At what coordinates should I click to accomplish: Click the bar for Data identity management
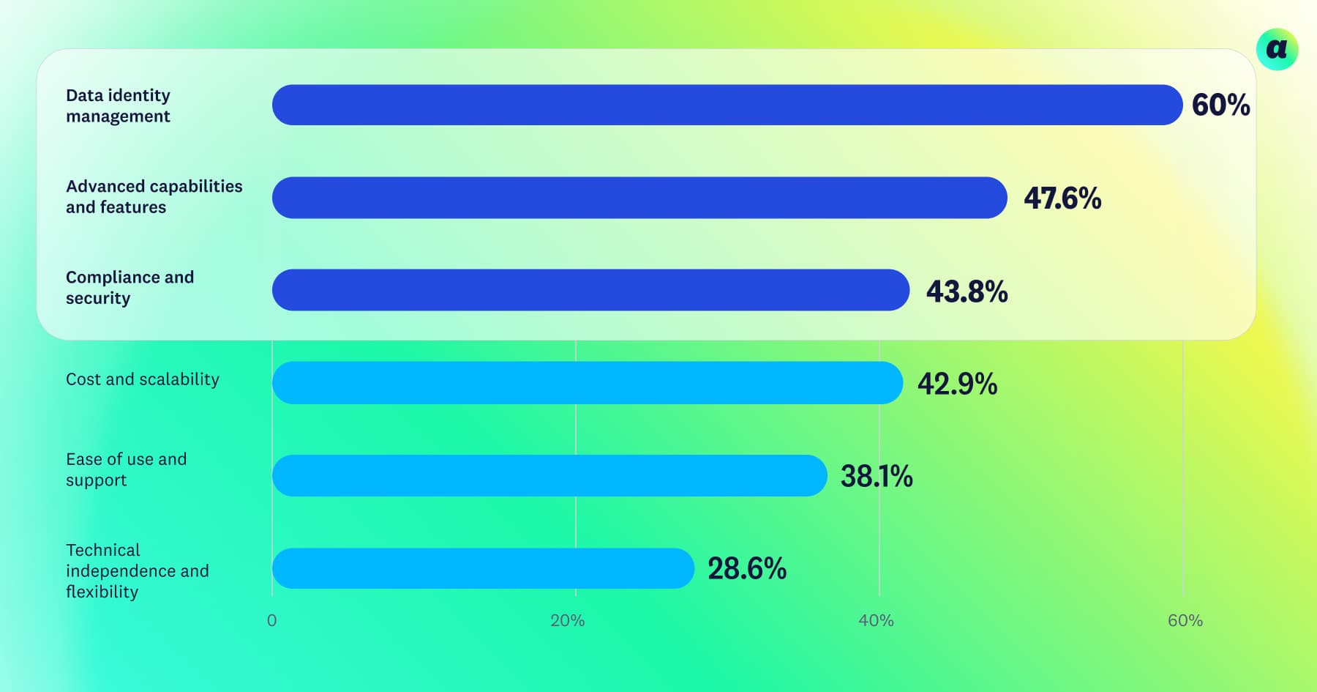click(x=727, y=105)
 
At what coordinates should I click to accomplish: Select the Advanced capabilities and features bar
click(x=639, y=198)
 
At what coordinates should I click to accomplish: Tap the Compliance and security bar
click(x=590, y=290)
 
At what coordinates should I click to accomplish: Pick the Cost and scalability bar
click(x=587, y=382)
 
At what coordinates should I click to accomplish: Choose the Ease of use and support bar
click(x=549, y=475)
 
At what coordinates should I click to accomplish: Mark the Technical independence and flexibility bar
click(x=483, y=568)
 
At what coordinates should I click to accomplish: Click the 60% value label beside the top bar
click(x=1220, y=105)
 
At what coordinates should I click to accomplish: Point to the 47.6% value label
click(x=1062, y=198)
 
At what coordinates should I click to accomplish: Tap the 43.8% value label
click(x=967, y=291)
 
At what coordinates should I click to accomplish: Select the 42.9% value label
click(x=957, y=384)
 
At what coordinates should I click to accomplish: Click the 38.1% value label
click(x=877, y=477)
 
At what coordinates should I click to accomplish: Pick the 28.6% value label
click(x=747, y=569)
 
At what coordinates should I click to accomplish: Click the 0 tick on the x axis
click(x=272, y=621)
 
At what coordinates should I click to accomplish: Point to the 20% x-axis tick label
click(x=568, y=621)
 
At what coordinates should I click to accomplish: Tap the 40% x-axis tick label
click(x=876, y=621)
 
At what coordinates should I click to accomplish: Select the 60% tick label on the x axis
click(x=1185, y=621)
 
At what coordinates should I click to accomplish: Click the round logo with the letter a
click(x=1277, y=49)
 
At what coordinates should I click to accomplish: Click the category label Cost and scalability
click(x=143, y=379)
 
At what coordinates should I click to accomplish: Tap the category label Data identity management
click(x=118, y=105)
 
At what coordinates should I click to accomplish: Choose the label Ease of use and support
click(x=126, y=469)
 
